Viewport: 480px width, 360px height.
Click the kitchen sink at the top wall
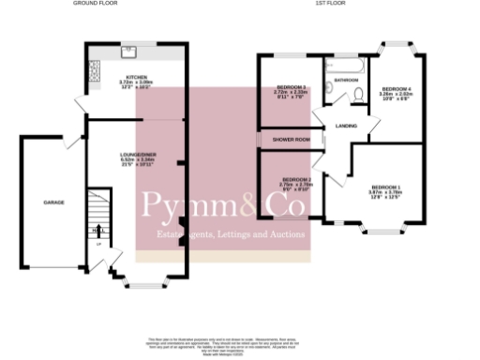(130, 49)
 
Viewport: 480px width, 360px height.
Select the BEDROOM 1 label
(385, 188)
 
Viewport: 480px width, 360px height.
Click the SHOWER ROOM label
(291, 140)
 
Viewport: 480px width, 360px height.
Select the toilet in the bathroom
(355, 93)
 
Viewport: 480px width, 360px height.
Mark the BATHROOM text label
(347, 81)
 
